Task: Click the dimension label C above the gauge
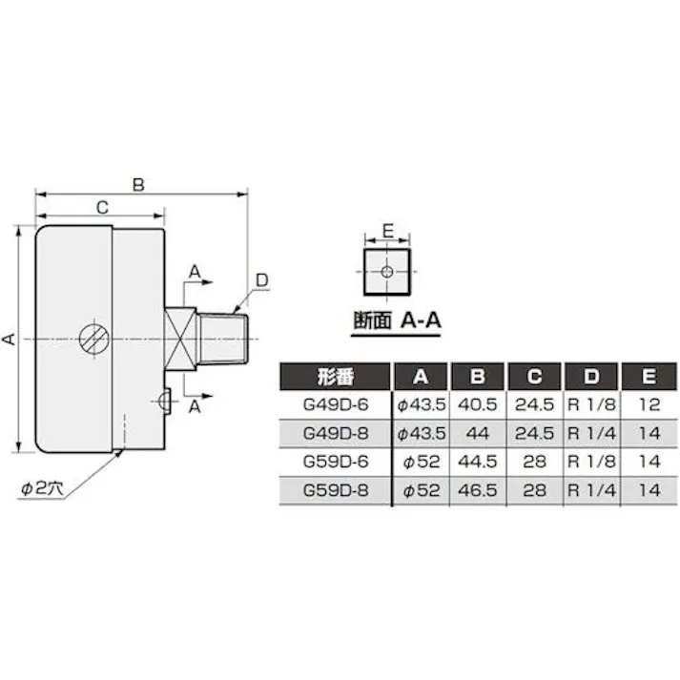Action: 100,206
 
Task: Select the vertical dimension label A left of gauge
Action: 9,339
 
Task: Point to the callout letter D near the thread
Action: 262,279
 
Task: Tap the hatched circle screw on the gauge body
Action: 93,338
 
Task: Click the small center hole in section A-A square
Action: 385,273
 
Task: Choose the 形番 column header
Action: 334,376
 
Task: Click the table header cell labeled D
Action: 591,376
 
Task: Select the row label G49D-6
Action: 334,404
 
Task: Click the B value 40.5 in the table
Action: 479,404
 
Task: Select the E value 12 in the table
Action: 649,404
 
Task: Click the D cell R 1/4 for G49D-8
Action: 591,433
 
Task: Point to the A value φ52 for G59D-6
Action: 421,462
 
